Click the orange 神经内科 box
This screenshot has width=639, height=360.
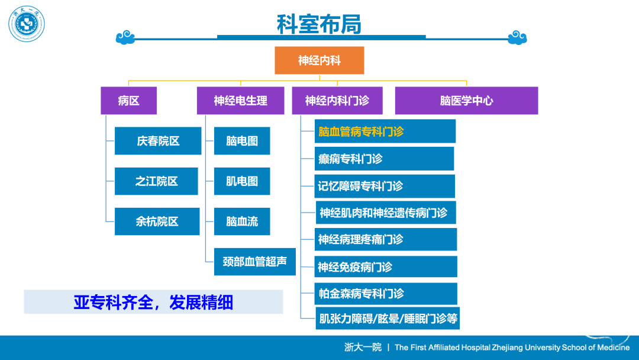319,60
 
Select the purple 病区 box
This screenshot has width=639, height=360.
129,100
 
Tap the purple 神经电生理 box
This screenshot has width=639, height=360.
240,100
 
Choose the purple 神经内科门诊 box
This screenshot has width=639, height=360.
337,100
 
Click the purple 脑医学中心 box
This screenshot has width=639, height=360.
466,100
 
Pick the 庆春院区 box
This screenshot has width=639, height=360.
158,141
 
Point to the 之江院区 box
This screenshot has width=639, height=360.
156,181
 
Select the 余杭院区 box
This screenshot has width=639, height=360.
157,221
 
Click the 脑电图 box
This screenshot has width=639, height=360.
242,141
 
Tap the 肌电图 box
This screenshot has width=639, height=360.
242,181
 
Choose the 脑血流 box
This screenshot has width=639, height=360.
242,221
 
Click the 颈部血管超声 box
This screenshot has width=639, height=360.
254,262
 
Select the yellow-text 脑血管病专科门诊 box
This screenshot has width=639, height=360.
385,131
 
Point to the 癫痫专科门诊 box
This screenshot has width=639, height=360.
385,159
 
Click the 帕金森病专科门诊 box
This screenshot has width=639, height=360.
386,294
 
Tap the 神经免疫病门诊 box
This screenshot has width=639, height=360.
386,266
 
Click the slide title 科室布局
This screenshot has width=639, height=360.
319,24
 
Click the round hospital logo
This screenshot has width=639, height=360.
27,24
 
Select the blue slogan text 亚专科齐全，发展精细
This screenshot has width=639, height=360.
153,303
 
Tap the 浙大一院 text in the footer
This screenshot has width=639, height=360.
363,347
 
